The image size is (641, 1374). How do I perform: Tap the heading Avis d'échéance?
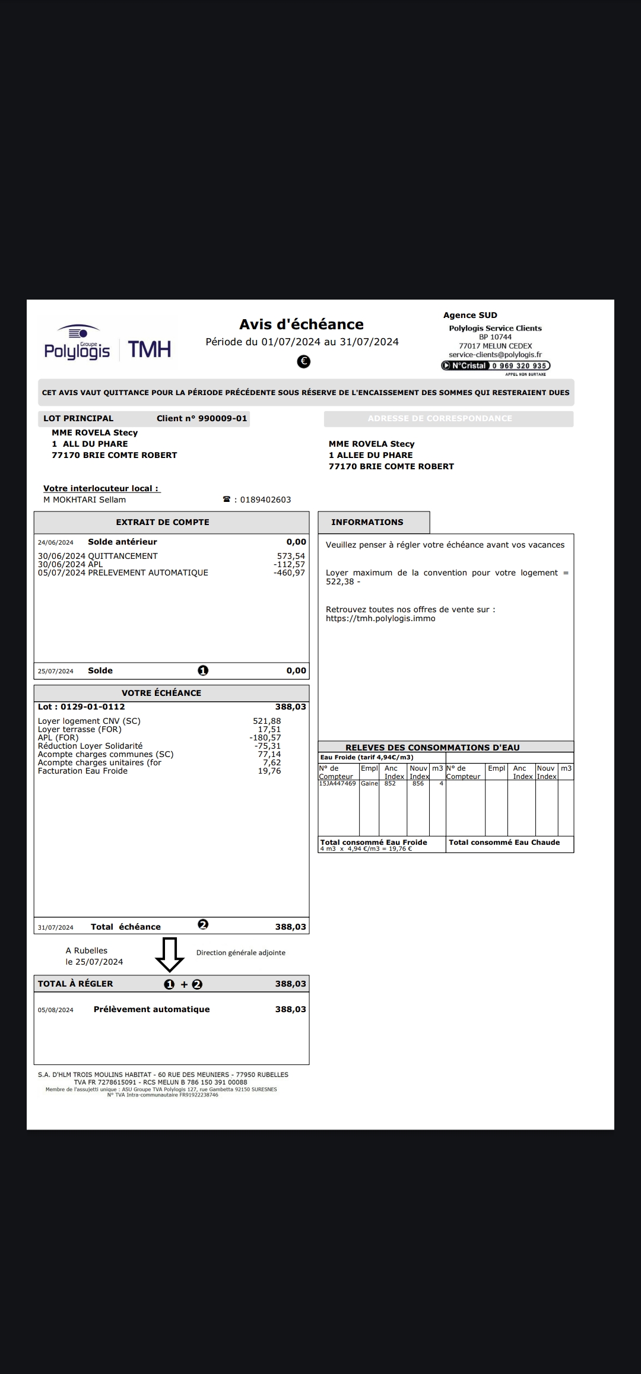click(302, 325)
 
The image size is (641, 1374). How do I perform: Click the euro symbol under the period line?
click(303, 361)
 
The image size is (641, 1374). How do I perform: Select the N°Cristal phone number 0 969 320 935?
click(519, 366)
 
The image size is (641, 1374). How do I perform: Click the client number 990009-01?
click(222, 418)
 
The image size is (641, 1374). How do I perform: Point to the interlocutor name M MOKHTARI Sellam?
click(84, 500)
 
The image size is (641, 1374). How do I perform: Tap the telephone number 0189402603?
click(265, 500)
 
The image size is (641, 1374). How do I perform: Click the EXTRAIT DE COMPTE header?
click(163, 522)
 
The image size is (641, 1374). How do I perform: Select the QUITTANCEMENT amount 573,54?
click(291, 556)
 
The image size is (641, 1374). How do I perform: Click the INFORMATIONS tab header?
click(367, 522)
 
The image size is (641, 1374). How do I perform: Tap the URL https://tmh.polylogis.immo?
click(380, 618)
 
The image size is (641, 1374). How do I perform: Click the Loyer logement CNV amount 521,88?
click(267, 721)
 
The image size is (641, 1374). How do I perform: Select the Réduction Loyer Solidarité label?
click(90, 746)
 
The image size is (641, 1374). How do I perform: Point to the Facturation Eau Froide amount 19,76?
click(269, 771)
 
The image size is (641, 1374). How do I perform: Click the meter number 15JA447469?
click(337, 784)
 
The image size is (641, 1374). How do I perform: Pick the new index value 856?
click(418, 784)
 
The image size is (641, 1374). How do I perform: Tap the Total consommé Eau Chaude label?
click(504, 842)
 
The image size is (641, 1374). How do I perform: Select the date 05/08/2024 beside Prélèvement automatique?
click(56, 1010)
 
